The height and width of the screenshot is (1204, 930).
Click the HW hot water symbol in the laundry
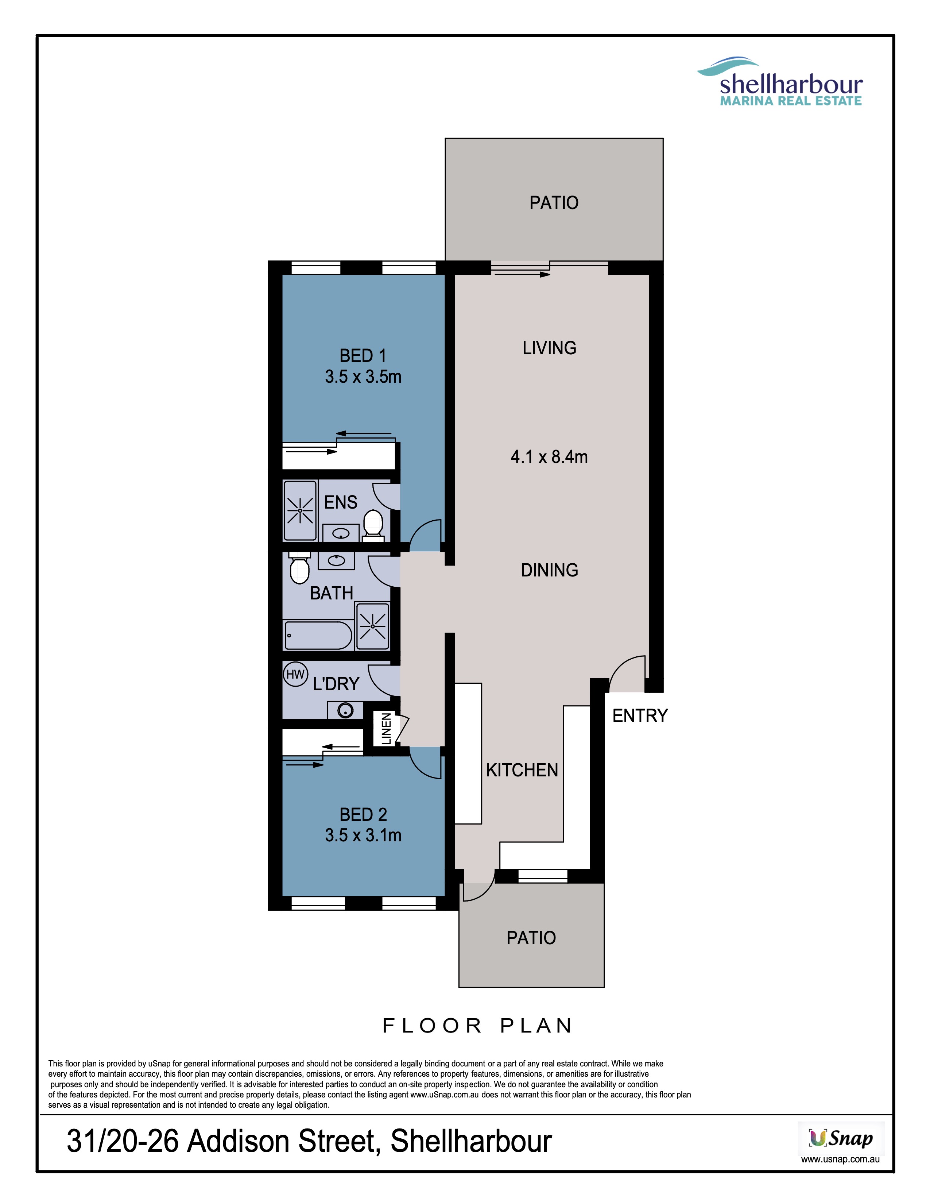(x=295, y=674)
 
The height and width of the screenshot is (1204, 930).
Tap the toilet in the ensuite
(x=373, y=525)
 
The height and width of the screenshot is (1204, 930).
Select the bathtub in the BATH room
(x=318, y=636)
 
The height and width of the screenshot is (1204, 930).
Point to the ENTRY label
(x=640, y=715)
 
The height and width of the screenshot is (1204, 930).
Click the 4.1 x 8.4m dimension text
(x=549, y=457)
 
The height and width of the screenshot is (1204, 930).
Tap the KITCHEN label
(x=522, y=770)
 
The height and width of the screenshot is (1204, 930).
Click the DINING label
(x=549, y=570)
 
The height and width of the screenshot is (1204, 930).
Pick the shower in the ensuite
(x=300, y=510)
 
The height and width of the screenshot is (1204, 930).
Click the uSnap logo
(x=841, y=1138)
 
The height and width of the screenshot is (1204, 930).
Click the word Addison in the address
(x=239, y=1141)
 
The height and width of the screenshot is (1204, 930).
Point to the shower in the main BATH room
(x=372, y=626)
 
